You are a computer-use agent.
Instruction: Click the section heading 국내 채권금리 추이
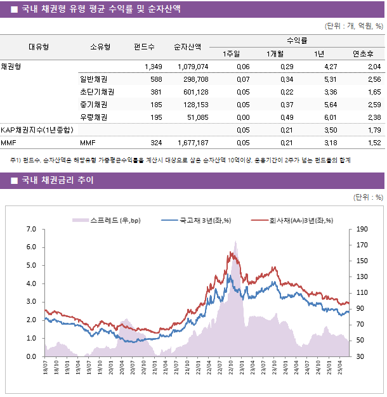(x=57, y=180)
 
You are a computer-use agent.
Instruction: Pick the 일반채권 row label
(x=93, y=79)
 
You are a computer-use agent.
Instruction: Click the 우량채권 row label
(x=93, y=117)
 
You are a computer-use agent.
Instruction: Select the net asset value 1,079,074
(x=193, y=67)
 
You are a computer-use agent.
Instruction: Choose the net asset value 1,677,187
(x=193, y=143)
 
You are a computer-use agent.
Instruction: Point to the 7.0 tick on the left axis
(x=31, y=229)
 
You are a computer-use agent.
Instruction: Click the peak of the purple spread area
(x=235, y=242)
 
